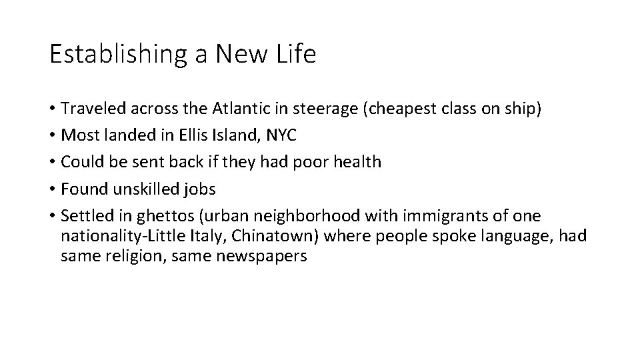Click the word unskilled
coord(144,189)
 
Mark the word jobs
coord(198,189)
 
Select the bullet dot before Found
coord(52,189)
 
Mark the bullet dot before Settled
coord(52,216)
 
